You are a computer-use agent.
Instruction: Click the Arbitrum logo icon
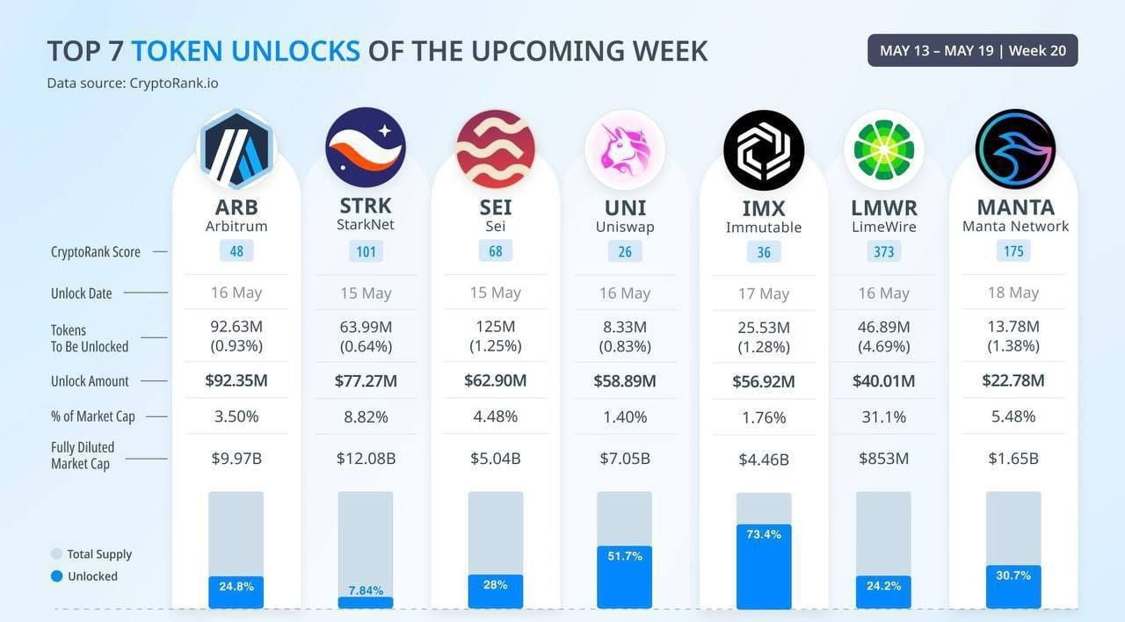[x=236, y=149]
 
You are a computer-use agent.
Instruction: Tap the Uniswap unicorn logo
[x=625, y=149]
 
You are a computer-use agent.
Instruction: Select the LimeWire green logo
[x=883, y=149]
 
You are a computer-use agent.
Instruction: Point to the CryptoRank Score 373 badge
[x=883, y=251]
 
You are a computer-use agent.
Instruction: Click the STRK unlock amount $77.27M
[x=366, y=381]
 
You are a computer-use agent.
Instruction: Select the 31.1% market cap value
[x=883, y=417]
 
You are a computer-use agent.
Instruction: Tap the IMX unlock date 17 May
[x=763, y=293]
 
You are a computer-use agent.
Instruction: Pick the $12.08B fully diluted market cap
[x=366, y=459]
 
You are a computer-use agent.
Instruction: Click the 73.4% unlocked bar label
[x=763, y=534]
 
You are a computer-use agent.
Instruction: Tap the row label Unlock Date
[x=81, y=293]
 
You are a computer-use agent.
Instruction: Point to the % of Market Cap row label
[x=92, y=416]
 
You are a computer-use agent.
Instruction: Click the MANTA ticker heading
[x=1015, y=207]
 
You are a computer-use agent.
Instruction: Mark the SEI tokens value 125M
[x=495, y=327]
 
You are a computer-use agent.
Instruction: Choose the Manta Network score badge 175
[x=1013, y=251]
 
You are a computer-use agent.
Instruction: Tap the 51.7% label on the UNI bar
[x=625, y=555]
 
